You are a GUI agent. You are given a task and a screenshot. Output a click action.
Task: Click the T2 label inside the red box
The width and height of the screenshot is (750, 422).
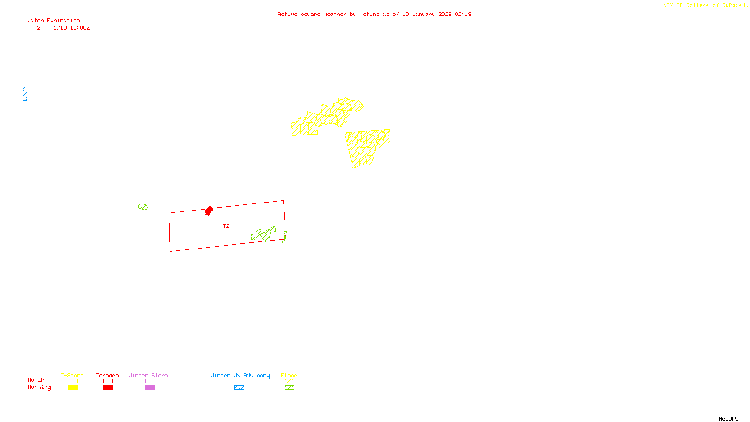click(x=226, y=226)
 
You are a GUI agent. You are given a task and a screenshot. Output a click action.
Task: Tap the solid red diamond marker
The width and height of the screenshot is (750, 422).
click(x=209, y=211)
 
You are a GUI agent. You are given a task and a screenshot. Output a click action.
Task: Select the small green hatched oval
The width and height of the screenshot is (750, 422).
click(x=143, y=207)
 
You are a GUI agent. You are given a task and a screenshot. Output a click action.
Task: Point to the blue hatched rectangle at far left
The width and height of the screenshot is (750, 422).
click(x=25, y=94)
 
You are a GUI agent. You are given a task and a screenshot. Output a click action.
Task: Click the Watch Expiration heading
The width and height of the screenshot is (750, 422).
click(x=53, y=21)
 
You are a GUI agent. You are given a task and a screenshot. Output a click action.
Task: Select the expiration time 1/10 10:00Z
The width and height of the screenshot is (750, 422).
click(x=71, y=28)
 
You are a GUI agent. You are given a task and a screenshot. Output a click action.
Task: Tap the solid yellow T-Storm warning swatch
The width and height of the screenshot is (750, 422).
click(x=73, y=388)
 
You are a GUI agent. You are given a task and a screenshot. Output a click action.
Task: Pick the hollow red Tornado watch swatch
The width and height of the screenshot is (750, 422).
click(x=108, y=381)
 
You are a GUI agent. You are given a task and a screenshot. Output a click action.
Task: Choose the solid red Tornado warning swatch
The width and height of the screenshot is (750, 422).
click(x=108, y=388)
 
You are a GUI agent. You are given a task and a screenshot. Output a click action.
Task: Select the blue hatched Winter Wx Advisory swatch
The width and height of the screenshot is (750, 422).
click(x=239, y=388)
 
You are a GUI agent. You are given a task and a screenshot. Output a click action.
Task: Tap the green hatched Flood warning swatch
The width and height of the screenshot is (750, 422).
click(x=289, y=388)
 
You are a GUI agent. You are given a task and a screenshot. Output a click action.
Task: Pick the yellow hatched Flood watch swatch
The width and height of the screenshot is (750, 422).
click(x=289, y=381)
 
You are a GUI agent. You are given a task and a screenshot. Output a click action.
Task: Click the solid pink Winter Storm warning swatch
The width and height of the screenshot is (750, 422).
click(x=150, y=388)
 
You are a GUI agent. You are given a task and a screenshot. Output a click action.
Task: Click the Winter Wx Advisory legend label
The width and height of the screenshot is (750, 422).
click(x=240, y=375)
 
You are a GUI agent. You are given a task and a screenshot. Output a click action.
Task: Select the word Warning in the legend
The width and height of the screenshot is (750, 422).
click(x=39, y=387)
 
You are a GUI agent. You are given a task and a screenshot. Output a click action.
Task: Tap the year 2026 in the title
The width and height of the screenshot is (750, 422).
click(x=445, y=14)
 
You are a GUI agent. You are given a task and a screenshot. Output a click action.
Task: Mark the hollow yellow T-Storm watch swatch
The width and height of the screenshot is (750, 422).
click(x=73, y=381)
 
